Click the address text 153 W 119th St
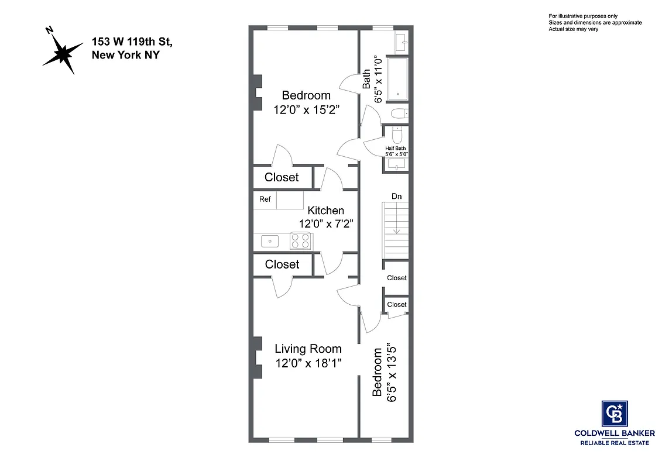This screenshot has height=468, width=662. (x=132, y=42)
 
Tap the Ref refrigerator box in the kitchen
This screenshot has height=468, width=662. (x=265, y=199)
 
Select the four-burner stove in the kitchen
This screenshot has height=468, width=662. (x=301, y=241)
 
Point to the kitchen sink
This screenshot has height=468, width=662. (x=269, y=240)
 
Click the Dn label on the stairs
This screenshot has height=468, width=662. (x=396, y=197)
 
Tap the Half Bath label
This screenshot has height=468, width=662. (x=396, y=148)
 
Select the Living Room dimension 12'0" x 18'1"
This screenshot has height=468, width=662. (x=308, y=363)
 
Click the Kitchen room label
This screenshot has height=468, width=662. (x=326, y=211)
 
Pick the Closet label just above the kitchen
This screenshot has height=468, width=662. (x=282, y=177)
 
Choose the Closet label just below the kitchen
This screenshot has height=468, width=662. (x=282, y=264)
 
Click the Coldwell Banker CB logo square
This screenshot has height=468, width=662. (x=615, y=414)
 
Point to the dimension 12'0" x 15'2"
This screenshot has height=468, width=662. (x=307, y=109)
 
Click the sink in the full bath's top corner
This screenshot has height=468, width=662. (x=402, y=43)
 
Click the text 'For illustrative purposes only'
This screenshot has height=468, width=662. (x=583, y=16)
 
